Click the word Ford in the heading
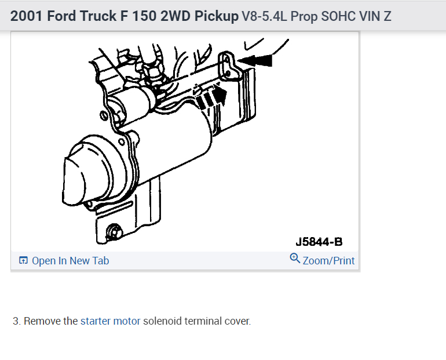(x=61, y=16)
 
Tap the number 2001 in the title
(x=27, y=16)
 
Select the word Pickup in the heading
(x=217, y=16)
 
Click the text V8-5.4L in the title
(x=264, y=16)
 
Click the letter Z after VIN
(x=387, y=16)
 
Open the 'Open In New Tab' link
(x=70, y=261)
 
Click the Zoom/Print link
(x=328, y=261)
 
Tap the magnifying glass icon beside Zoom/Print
(x=295, y=259)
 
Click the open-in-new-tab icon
(x=23, y=260)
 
